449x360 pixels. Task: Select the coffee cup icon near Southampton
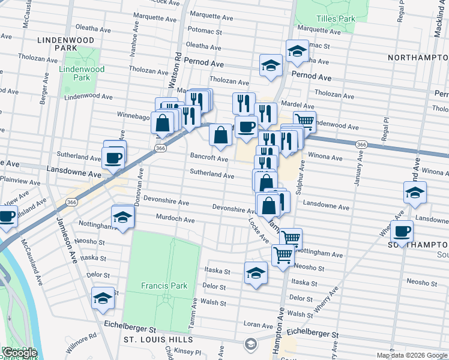pos(402,231)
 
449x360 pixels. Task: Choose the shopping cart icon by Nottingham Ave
pos(291,238)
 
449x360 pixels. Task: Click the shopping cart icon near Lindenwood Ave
pos(305,122)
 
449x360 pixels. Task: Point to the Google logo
pos(19,353)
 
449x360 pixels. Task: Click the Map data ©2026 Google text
pos(411,355)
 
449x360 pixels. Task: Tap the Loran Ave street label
pos(259,325)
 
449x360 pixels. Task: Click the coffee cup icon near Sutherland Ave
pos(114,158)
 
